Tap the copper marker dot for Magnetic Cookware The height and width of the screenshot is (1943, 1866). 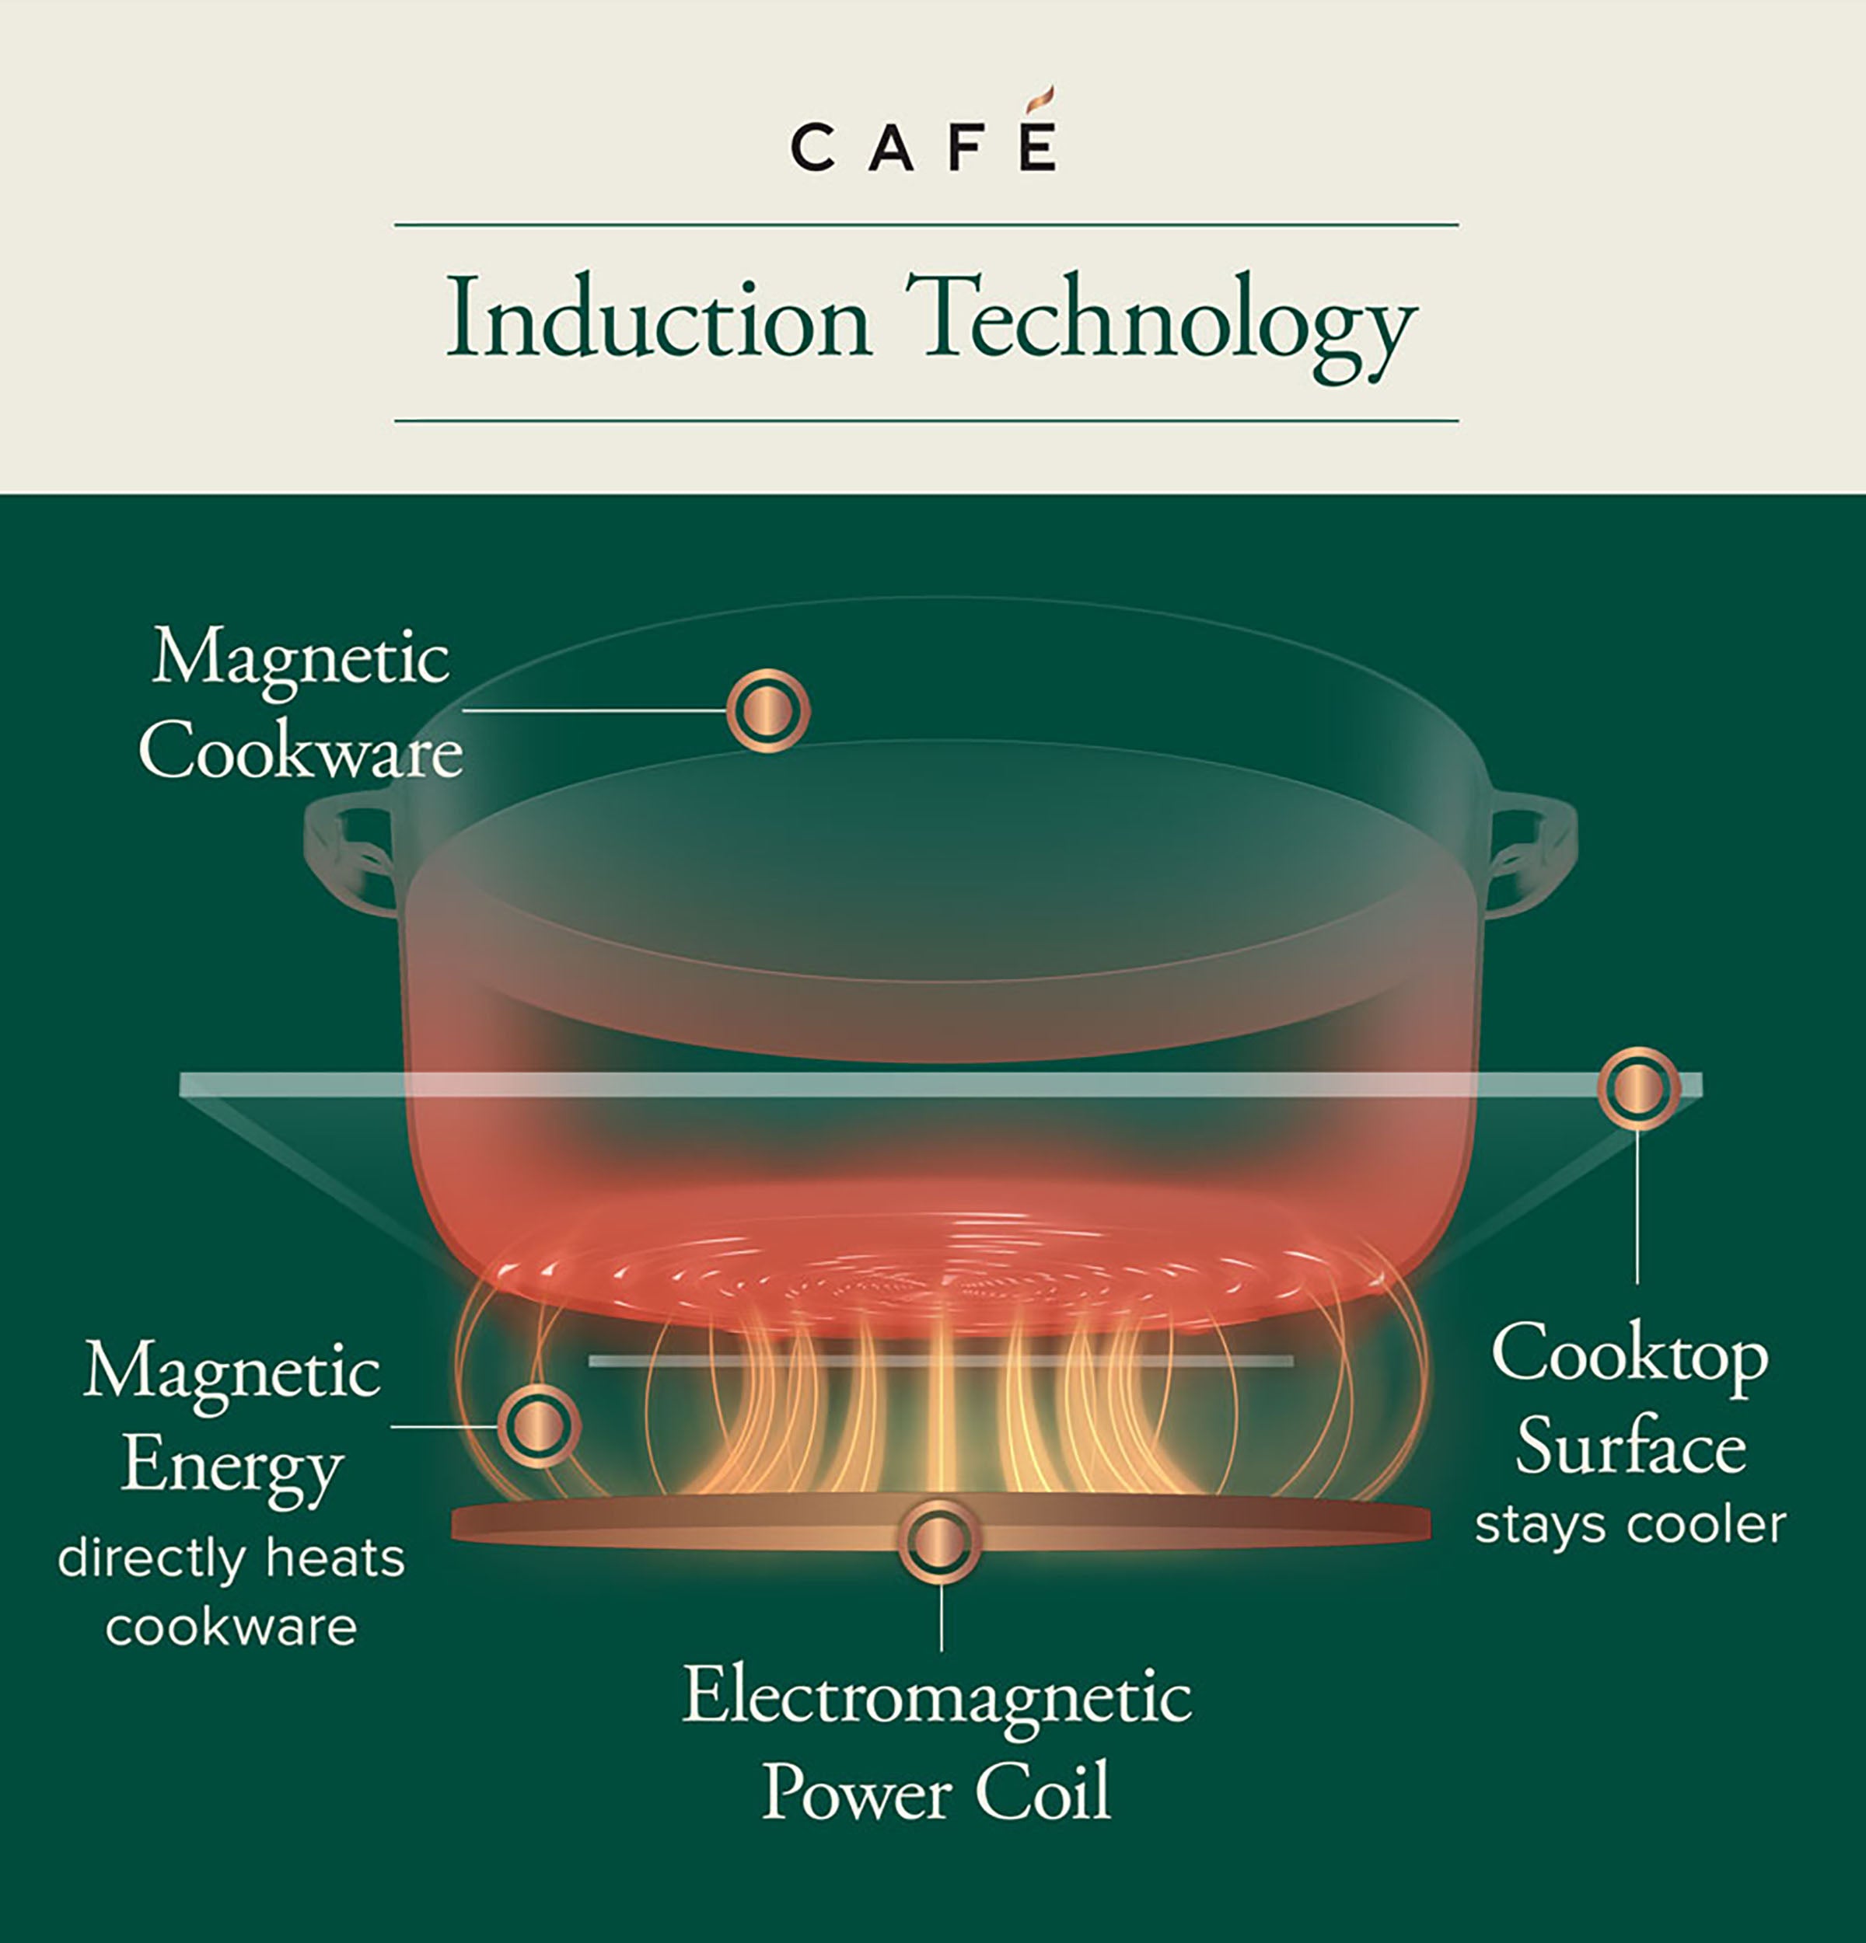click(767, 710)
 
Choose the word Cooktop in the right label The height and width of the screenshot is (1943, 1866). click(1629, 1354)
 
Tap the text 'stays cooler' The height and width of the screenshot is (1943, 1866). click(1630, 1525)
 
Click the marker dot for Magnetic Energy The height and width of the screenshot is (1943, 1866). click(538, 1425)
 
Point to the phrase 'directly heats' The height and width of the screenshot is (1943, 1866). click(231, 1558)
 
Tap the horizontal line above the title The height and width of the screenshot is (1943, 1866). click(926, 225)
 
